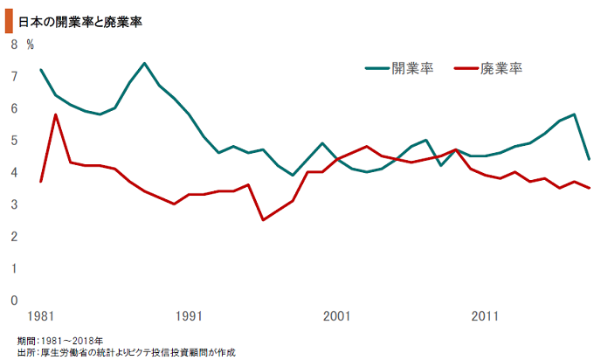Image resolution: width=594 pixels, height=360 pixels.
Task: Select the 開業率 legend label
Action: pyautogui.click(x=412, y=67)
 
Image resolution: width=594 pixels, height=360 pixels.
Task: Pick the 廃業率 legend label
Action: pyautogui.click(x=501, y=67)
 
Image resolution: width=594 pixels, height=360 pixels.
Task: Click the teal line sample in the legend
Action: pyautogui.click(x=376, y=67)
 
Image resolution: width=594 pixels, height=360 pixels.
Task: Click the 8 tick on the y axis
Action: pyautogui.click(x=13, y=44)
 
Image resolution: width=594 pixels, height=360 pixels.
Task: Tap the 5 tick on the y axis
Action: pyautogui.click(x=13, y=141)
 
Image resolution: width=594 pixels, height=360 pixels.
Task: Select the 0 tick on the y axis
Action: pyautogui.click(x=13, y=301)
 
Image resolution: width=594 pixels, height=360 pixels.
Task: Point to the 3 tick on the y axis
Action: pyautogui.click(x=13, y=204)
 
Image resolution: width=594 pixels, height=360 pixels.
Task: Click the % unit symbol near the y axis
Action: pyautogui.click(x=30, y=44)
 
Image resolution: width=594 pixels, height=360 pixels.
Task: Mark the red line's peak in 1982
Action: pyautogui.click(x=56, y=114)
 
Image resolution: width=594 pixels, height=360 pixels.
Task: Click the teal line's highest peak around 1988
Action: pyautogui.click(x=144, y=64)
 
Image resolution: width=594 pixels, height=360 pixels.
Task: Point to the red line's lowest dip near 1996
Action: pyautogui.click(x=263, y=219)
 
